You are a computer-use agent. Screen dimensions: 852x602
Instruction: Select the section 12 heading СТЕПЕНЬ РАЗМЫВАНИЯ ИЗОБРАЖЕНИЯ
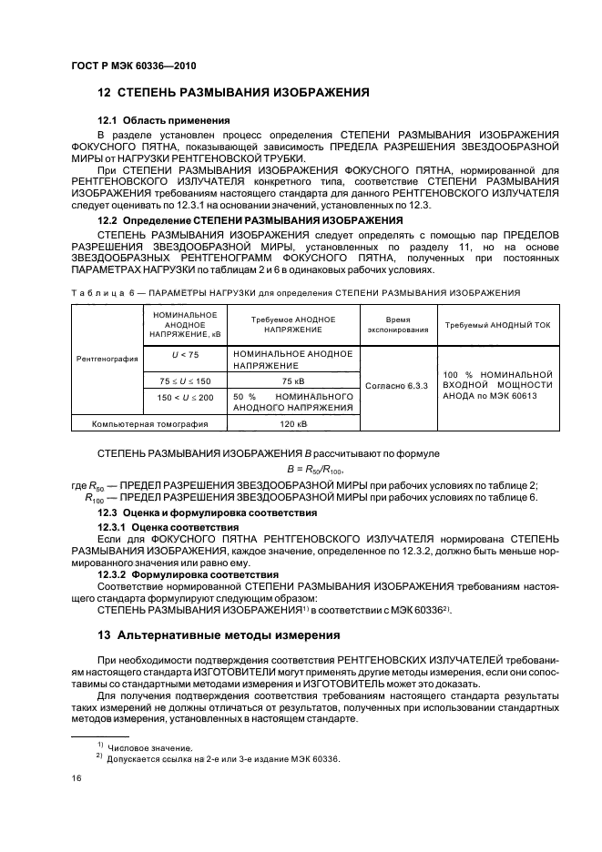click(232, 93)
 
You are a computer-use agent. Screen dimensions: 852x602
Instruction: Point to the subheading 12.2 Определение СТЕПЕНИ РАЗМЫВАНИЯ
click(249, 220)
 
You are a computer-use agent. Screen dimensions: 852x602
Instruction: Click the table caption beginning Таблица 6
click(294, 293)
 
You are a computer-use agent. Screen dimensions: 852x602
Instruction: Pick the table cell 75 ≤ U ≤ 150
click(172, 380)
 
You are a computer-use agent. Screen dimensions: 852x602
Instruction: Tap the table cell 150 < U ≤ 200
click(172, 397)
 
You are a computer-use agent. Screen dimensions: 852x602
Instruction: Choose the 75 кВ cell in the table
click(292, 380)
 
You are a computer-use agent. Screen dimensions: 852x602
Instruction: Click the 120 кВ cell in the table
click(292, 423)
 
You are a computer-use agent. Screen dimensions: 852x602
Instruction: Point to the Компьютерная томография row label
click(137, 423)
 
